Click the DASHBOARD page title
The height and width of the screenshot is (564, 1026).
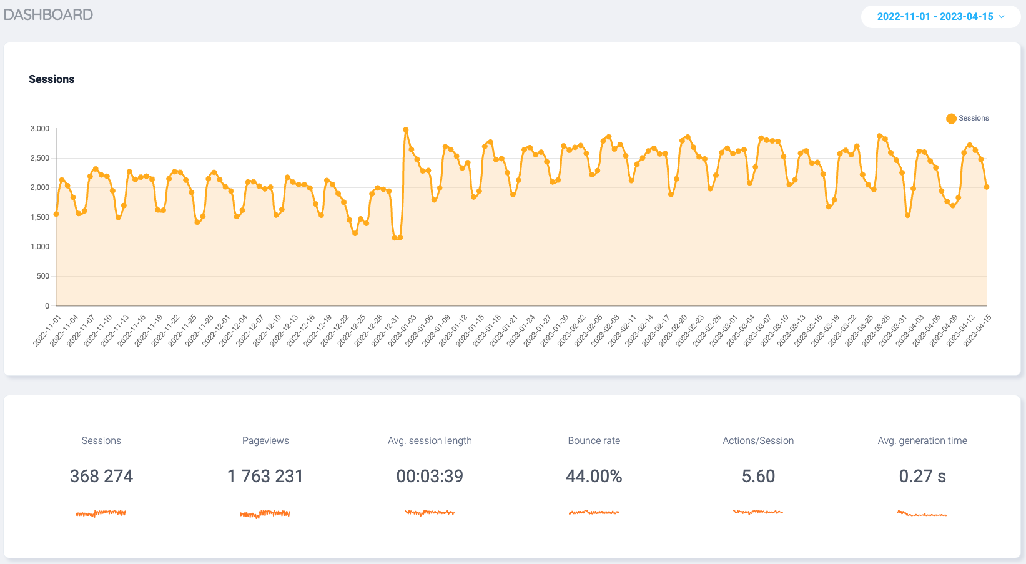pyautogui.click(x=48, y=15)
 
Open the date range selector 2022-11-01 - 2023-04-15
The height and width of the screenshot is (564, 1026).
pyautogui.click(x=940, y=17)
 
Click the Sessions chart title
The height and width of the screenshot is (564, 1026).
pyautogui.click(x=51, y=79)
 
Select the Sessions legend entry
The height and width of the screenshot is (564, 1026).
pyautogui.click(x=967, y=118)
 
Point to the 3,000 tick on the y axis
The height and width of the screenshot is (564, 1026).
pyautogui.click(x=40, y=129)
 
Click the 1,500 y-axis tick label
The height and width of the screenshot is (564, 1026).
pyautogui.click(x=40, y=217)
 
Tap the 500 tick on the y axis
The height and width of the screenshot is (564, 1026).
pyautogui.click(x=43, y=276)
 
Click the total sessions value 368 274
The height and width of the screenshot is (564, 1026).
pyautogui.click(x=101, y=477)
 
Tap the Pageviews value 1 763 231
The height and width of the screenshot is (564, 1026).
pyautogui.click(x=265, y=477)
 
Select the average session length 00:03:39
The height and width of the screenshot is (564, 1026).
pyautogui.click(x=430, y=477)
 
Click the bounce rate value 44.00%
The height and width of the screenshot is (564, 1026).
pyautogui.click(x=594, y=477)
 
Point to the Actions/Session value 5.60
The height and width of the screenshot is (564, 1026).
pyautogui.click(x=758, y=477)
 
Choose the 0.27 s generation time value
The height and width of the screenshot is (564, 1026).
pyautogui.click(x=922, y=477)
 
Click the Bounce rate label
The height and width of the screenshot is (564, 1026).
pyautogui.click(x=594, y=441)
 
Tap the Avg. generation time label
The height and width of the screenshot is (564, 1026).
pyautogui.click(x=922, y=441)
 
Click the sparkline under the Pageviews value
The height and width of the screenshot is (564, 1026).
pyautogui.click(x=265, y=514)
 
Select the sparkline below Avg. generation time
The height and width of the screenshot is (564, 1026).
pyautogui.click(x=922, y=514)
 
